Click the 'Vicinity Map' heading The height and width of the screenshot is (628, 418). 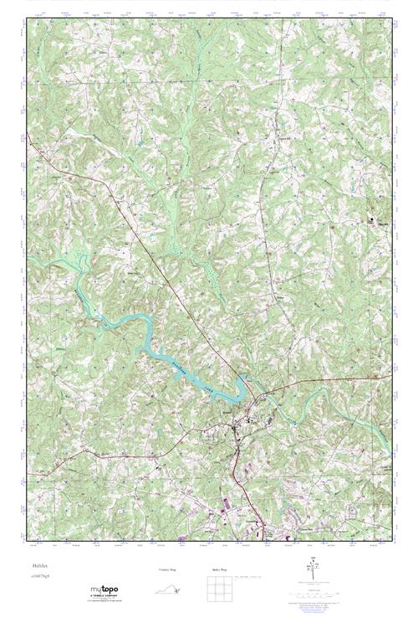click(x=167, y=569)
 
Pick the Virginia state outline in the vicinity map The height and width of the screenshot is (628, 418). click(x=168, y=590)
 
